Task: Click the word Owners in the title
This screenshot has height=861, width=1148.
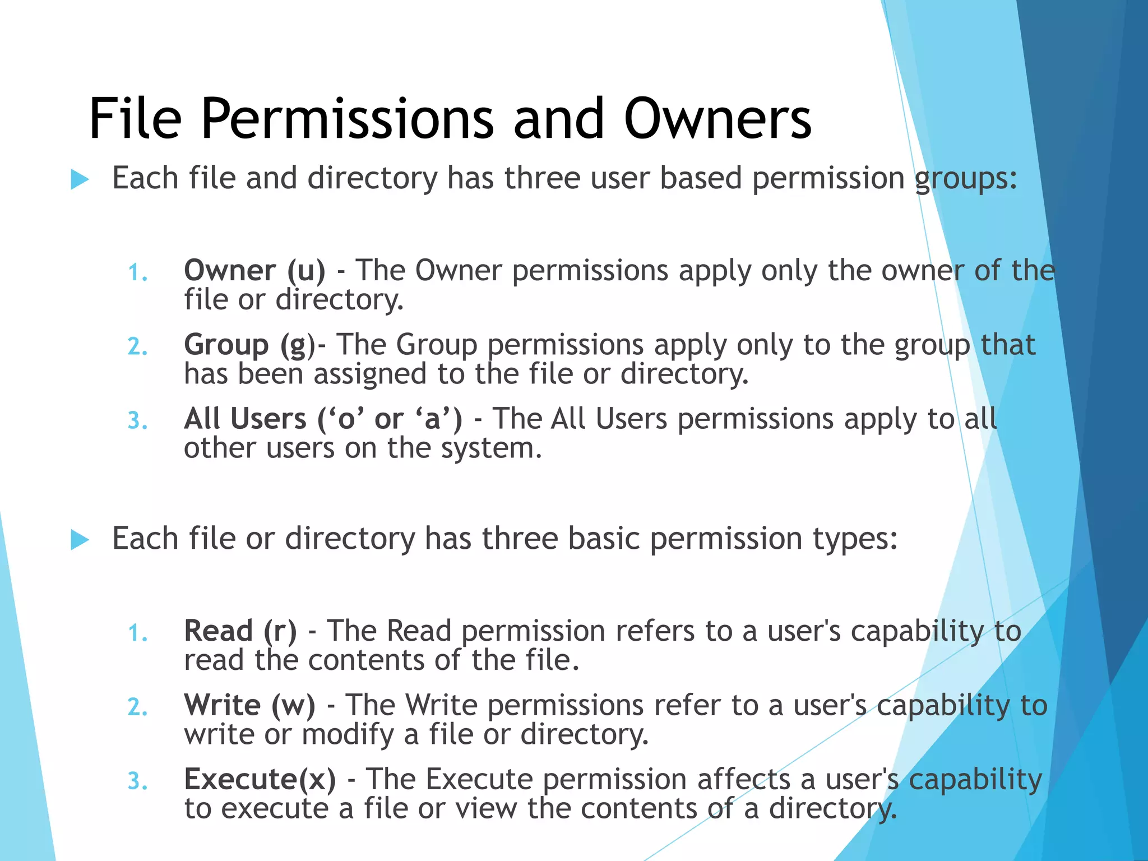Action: [x=717, y=119]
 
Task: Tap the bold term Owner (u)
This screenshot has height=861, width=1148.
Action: [x=254, y=271]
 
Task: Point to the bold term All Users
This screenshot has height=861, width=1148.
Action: [x=245, y=419]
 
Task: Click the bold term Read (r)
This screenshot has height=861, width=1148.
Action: [x=240, y=631]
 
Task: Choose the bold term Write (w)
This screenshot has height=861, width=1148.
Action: [x=249, y=705]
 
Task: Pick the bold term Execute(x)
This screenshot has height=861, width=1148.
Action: [x=260, y=779]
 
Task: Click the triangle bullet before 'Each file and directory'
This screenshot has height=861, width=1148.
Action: [x=80, y=180]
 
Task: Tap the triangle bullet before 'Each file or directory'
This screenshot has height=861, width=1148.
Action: [x=80, y=540]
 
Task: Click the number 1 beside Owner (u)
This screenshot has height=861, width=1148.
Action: [x=137, y=274]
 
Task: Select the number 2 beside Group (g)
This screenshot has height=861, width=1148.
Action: [x=137, y=348]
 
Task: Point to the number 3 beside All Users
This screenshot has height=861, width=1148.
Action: [x=137, y=422]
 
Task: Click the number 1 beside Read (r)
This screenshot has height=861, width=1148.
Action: [x=137, y=634]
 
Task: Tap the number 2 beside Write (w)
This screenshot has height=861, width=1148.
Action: [x=137, y=708]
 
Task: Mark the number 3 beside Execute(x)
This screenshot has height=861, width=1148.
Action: [x=137, y=782]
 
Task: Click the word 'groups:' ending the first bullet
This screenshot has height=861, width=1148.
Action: [x=966, y=179]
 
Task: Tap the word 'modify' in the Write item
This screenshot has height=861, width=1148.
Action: [x=348, y=735]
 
